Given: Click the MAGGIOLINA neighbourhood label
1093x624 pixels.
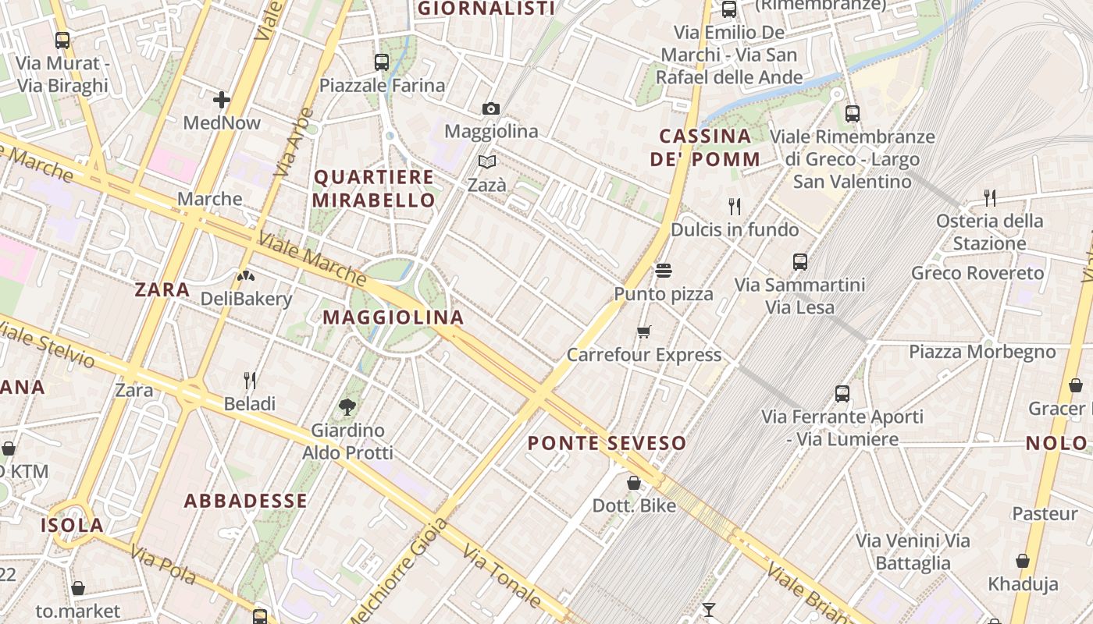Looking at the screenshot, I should click(393, 317).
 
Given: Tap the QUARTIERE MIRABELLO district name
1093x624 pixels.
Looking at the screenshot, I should click(374, 188).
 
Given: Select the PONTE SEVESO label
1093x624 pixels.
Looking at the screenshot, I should click(607, 444).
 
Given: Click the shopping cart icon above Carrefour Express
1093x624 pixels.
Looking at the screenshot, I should click(644, 332).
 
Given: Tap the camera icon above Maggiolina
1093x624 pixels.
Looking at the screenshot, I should click(491, 108).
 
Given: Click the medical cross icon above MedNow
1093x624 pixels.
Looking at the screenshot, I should click(222, 100).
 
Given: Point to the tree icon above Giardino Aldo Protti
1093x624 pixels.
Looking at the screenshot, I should click(347, 406).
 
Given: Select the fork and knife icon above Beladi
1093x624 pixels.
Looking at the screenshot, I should click(250, 381).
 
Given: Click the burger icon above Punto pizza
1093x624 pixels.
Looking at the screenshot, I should click(664, 271).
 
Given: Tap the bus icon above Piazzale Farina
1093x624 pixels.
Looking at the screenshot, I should click(382, 62).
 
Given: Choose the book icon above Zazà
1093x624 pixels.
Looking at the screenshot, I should click(487, 162).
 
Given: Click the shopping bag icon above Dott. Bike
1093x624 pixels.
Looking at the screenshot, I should click(634, 483).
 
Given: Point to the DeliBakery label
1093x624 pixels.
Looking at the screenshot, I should click(246, 299).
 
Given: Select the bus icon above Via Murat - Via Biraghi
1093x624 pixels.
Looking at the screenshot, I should click(62, 41).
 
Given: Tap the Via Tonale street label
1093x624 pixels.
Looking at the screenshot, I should click(502, 576).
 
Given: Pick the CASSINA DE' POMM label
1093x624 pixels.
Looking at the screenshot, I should click(705, 147).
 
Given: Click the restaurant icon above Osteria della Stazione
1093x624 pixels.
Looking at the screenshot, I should click(990, 198).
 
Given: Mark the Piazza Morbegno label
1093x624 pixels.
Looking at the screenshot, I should click(982, 352).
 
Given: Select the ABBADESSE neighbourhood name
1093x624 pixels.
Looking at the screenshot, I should click(245, 501).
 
